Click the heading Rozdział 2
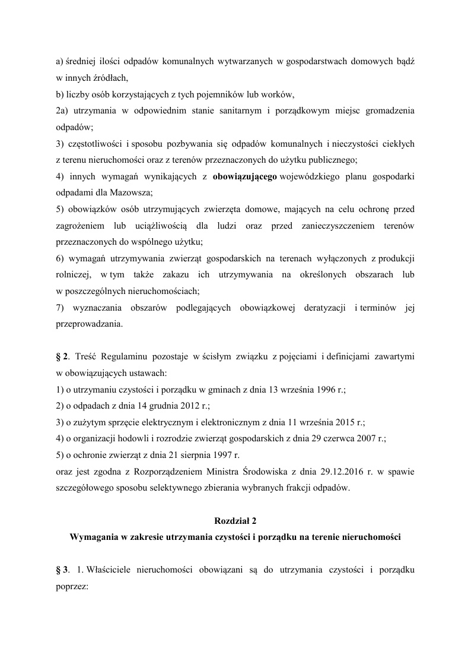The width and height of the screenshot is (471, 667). point(235,521)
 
